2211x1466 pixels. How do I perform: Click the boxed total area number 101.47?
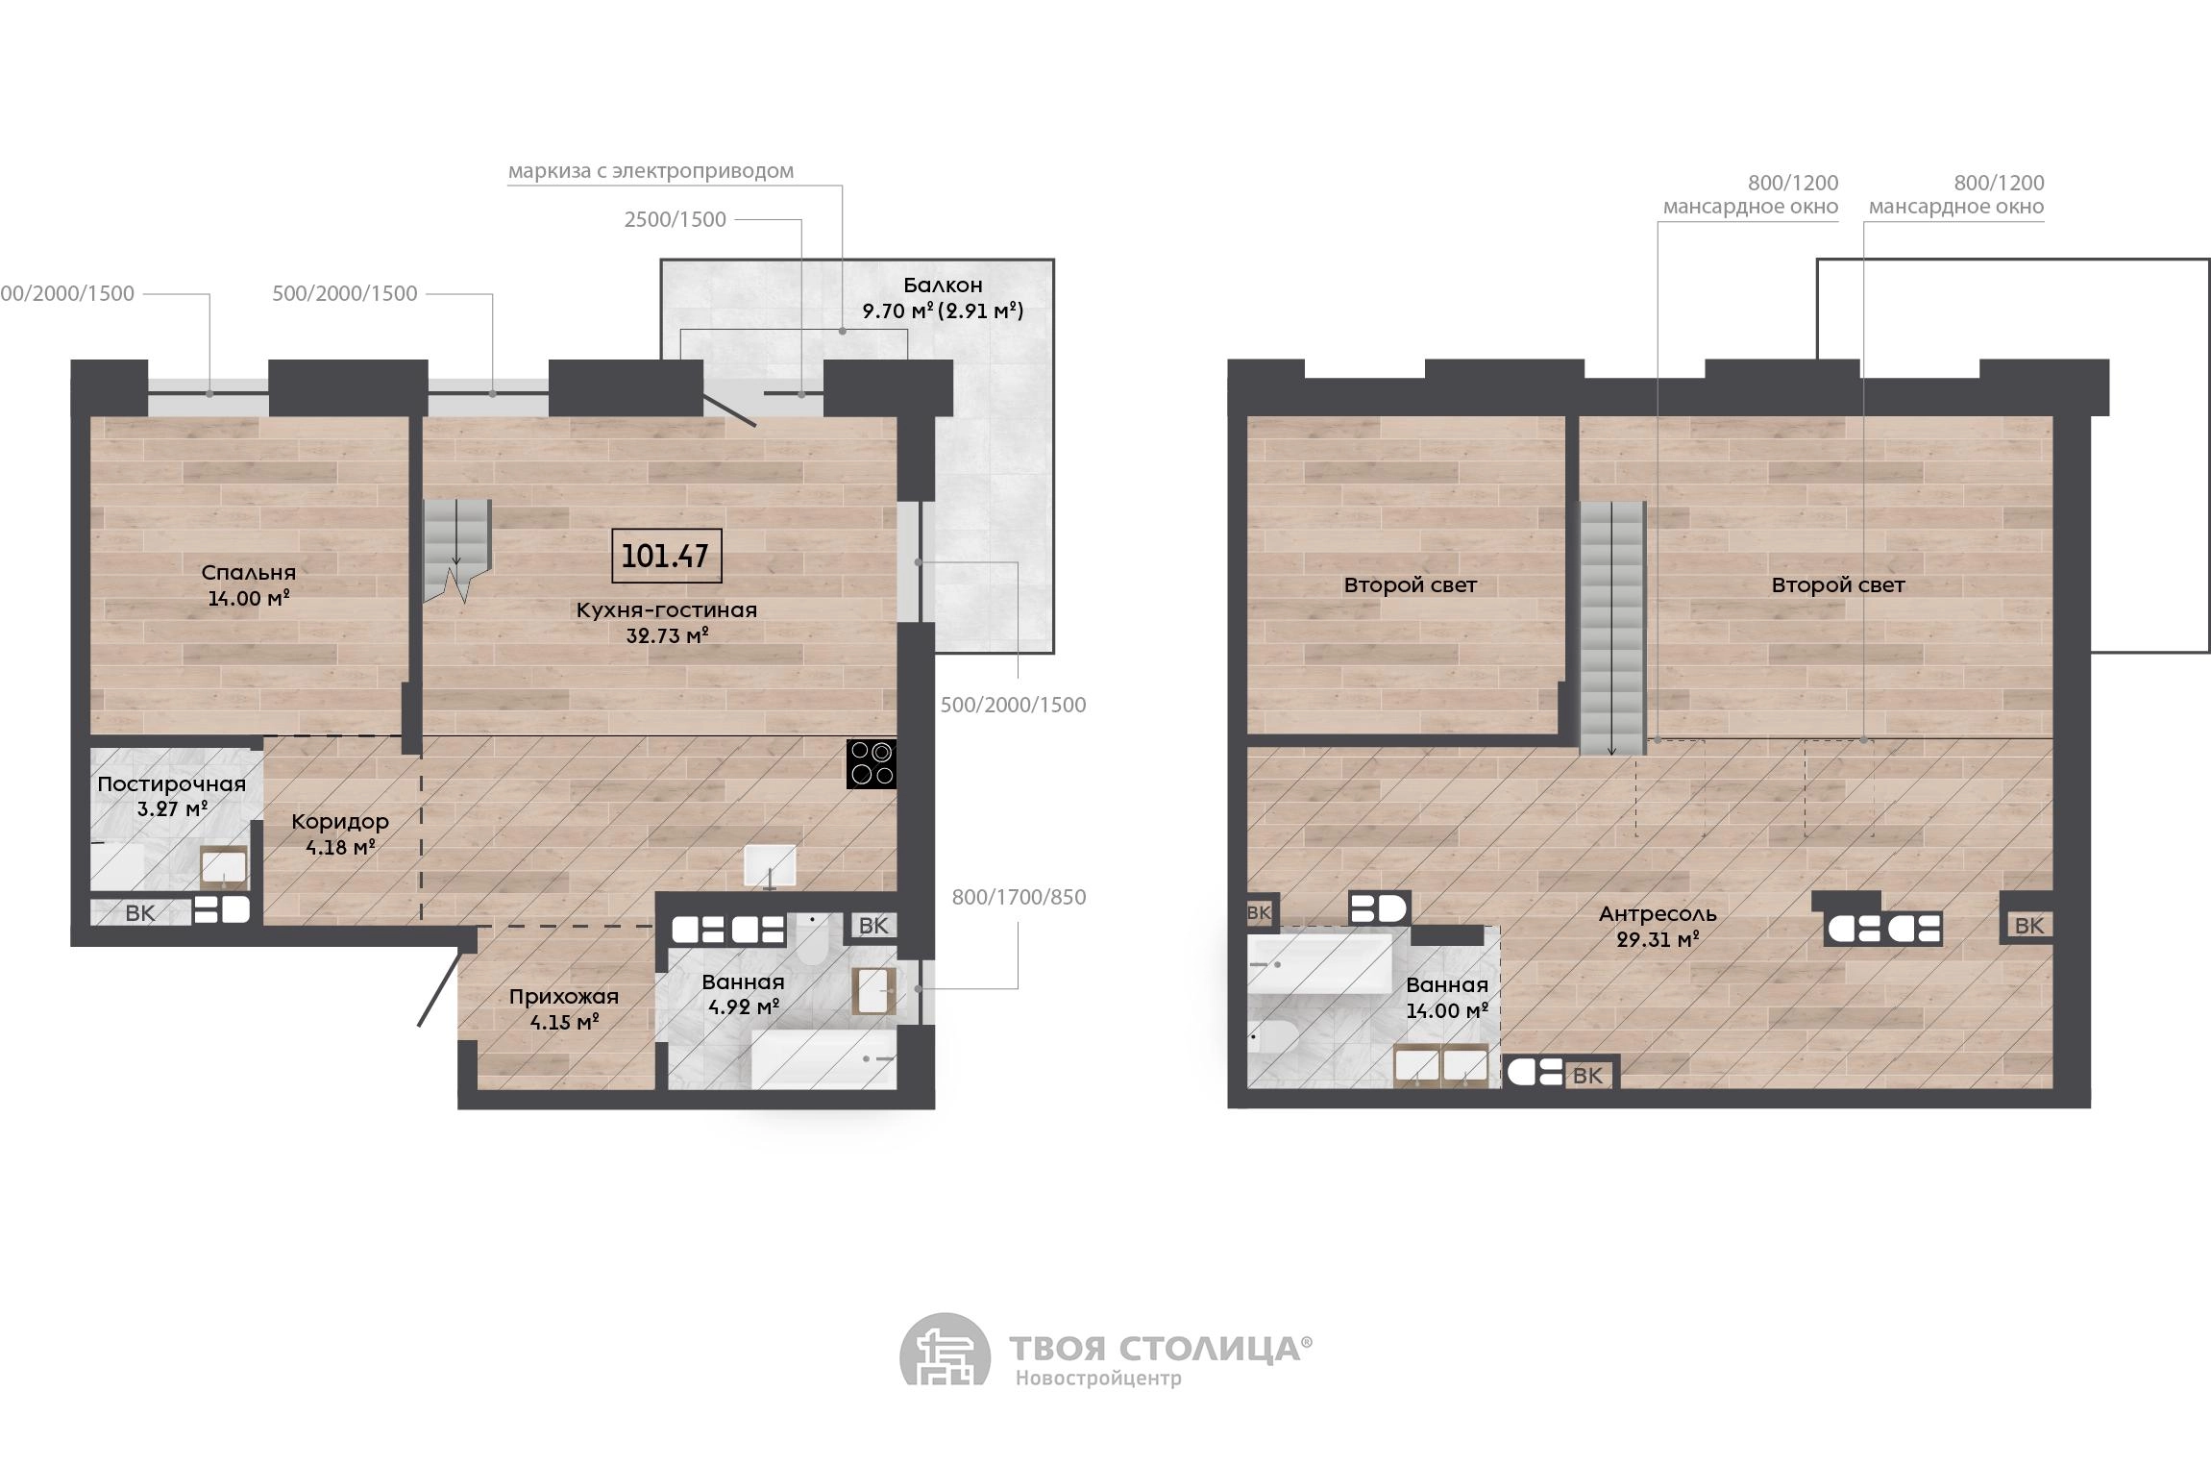(666, 556)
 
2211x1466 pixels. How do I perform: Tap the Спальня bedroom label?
(249, 573)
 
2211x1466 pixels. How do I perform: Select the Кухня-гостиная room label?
(667, 610)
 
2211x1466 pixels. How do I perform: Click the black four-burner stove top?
(872, 763)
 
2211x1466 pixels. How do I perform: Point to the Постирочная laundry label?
(172, 784)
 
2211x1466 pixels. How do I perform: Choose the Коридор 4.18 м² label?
(340, 833)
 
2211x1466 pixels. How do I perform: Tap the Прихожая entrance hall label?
(564, 997)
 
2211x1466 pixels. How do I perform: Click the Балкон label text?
(943, 286)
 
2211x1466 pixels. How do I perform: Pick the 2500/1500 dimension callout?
(676, 219)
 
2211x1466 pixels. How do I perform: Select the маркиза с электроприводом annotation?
(651, 171)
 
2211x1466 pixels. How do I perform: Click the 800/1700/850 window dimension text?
(1020, 898)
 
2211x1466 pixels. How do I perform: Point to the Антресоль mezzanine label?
(1658, 914)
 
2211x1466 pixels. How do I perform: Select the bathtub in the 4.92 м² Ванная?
(823, 1059)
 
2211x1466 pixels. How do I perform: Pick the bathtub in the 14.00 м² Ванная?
(1319, 963)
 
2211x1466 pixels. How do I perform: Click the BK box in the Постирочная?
(140, 912)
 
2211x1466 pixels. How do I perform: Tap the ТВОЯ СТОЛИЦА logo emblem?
(945, 1350)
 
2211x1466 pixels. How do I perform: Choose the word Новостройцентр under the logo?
(1098, 1379)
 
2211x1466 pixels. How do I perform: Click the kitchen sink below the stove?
(770, 866)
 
